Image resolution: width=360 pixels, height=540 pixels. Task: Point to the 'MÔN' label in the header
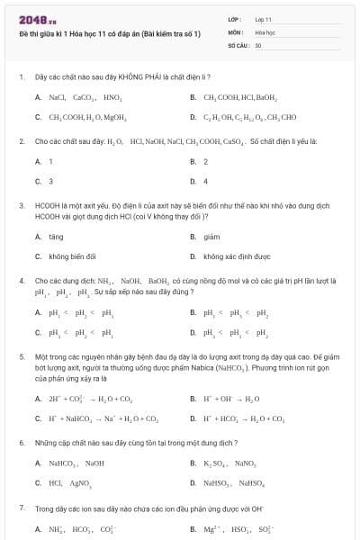tap(235, 31)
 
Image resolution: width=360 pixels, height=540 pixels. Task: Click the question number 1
tap(21, 77)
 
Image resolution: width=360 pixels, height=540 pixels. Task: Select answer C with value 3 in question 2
tap(49, 181)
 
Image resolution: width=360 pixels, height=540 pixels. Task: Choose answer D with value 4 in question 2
tap(206, 181)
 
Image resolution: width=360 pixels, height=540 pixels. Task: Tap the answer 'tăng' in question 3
tap(56, 237)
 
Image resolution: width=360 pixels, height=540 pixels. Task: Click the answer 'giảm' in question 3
tap(212, 237)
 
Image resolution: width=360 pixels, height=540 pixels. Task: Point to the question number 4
tap(21, 281)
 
